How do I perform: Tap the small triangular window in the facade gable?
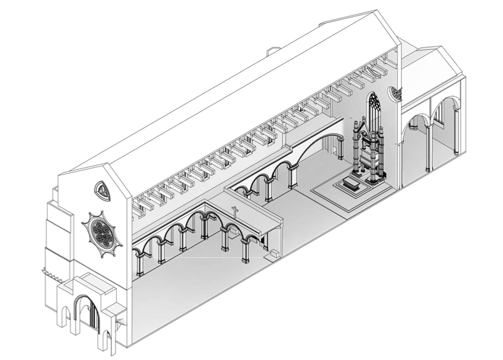tap(102, 190)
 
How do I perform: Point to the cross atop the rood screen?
tap(234, 212)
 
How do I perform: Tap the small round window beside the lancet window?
tap(394, 93)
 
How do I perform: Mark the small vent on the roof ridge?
tap(273, 50)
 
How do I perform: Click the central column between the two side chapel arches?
tap(428, 148)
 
